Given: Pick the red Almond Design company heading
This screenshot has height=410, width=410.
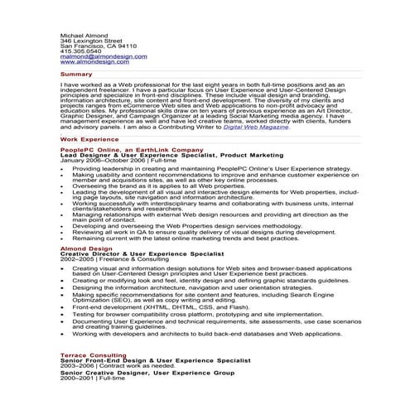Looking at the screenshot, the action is pyautogui.click(x=85, y=248).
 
